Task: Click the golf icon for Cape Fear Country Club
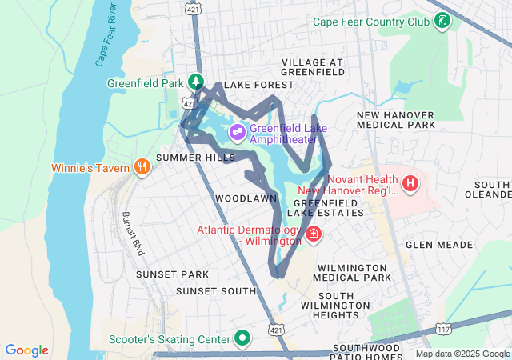[x=441, y=22]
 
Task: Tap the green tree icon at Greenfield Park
[x=195, y=82]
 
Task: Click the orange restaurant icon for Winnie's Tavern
[x=142, y=166]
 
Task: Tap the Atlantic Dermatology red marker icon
[x=314, y=235]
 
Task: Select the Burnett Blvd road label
[x=132, y=234]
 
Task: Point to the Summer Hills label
[x=196, y=158]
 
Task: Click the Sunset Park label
[x=172, y=274]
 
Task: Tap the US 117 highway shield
[x=443, y=329]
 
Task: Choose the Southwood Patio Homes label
[x=371, y=353]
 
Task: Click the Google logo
[x=26, y=350]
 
